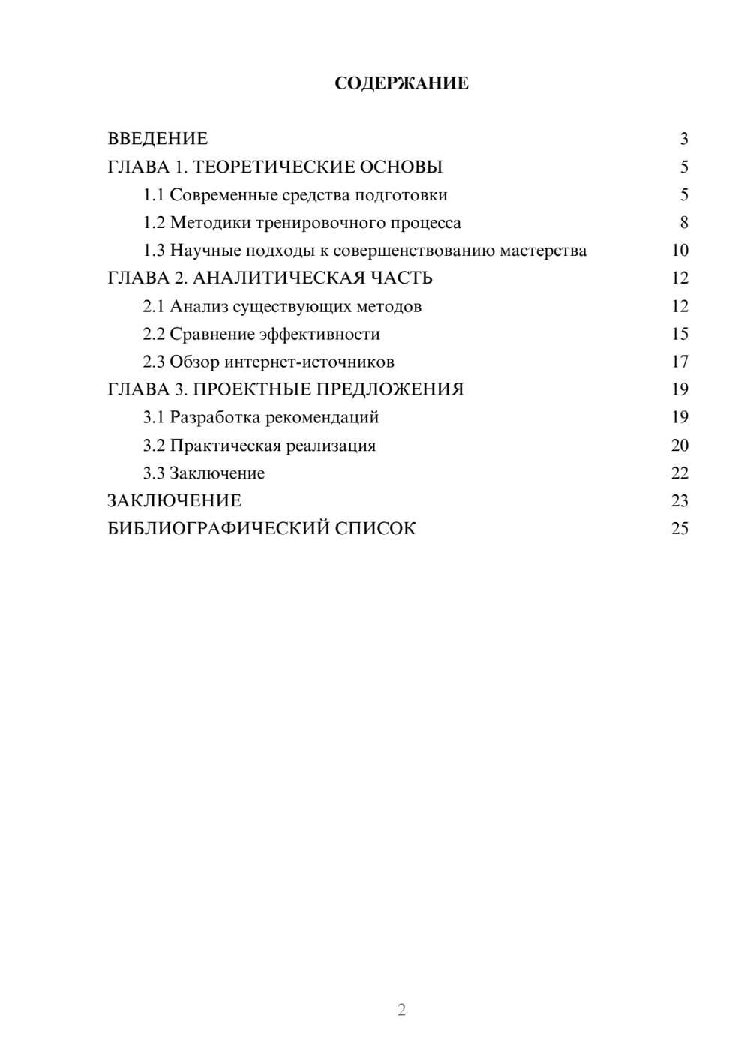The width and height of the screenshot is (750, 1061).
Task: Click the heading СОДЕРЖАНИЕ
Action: click(x=401, y=83)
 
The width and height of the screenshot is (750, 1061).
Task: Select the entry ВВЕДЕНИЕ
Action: click(x=157, y=139)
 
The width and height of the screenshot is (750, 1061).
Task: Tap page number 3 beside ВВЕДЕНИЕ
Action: click(x=683, y=139)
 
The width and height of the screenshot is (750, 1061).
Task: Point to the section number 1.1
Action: click(x=154, y=195)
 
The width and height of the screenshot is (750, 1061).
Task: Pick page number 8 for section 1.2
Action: click(x=683, y=223)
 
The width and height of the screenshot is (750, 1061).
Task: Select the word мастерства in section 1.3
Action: click(x=543, y=251)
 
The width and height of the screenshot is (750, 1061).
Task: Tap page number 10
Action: click(x=679, y=251)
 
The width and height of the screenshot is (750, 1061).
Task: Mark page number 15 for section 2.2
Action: click(x=679, y=334)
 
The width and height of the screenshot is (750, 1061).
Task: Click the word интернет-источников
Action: click(x=310, y=362)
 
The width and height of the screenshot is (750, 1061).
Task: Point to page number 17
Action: click(x=679, y=362)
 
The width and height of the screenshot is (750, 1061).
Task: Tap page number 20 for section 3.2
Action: click(x=679, y=446)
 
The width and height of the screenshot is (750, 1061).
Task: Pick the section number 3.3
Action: click(x=154, y=473)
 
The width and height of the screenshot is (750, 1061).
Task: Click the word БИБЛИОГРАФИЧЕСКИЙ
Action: click(x=218, y=529)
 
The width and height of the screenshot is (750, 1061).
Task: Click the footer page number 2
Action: click(x=401, y=1010)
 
